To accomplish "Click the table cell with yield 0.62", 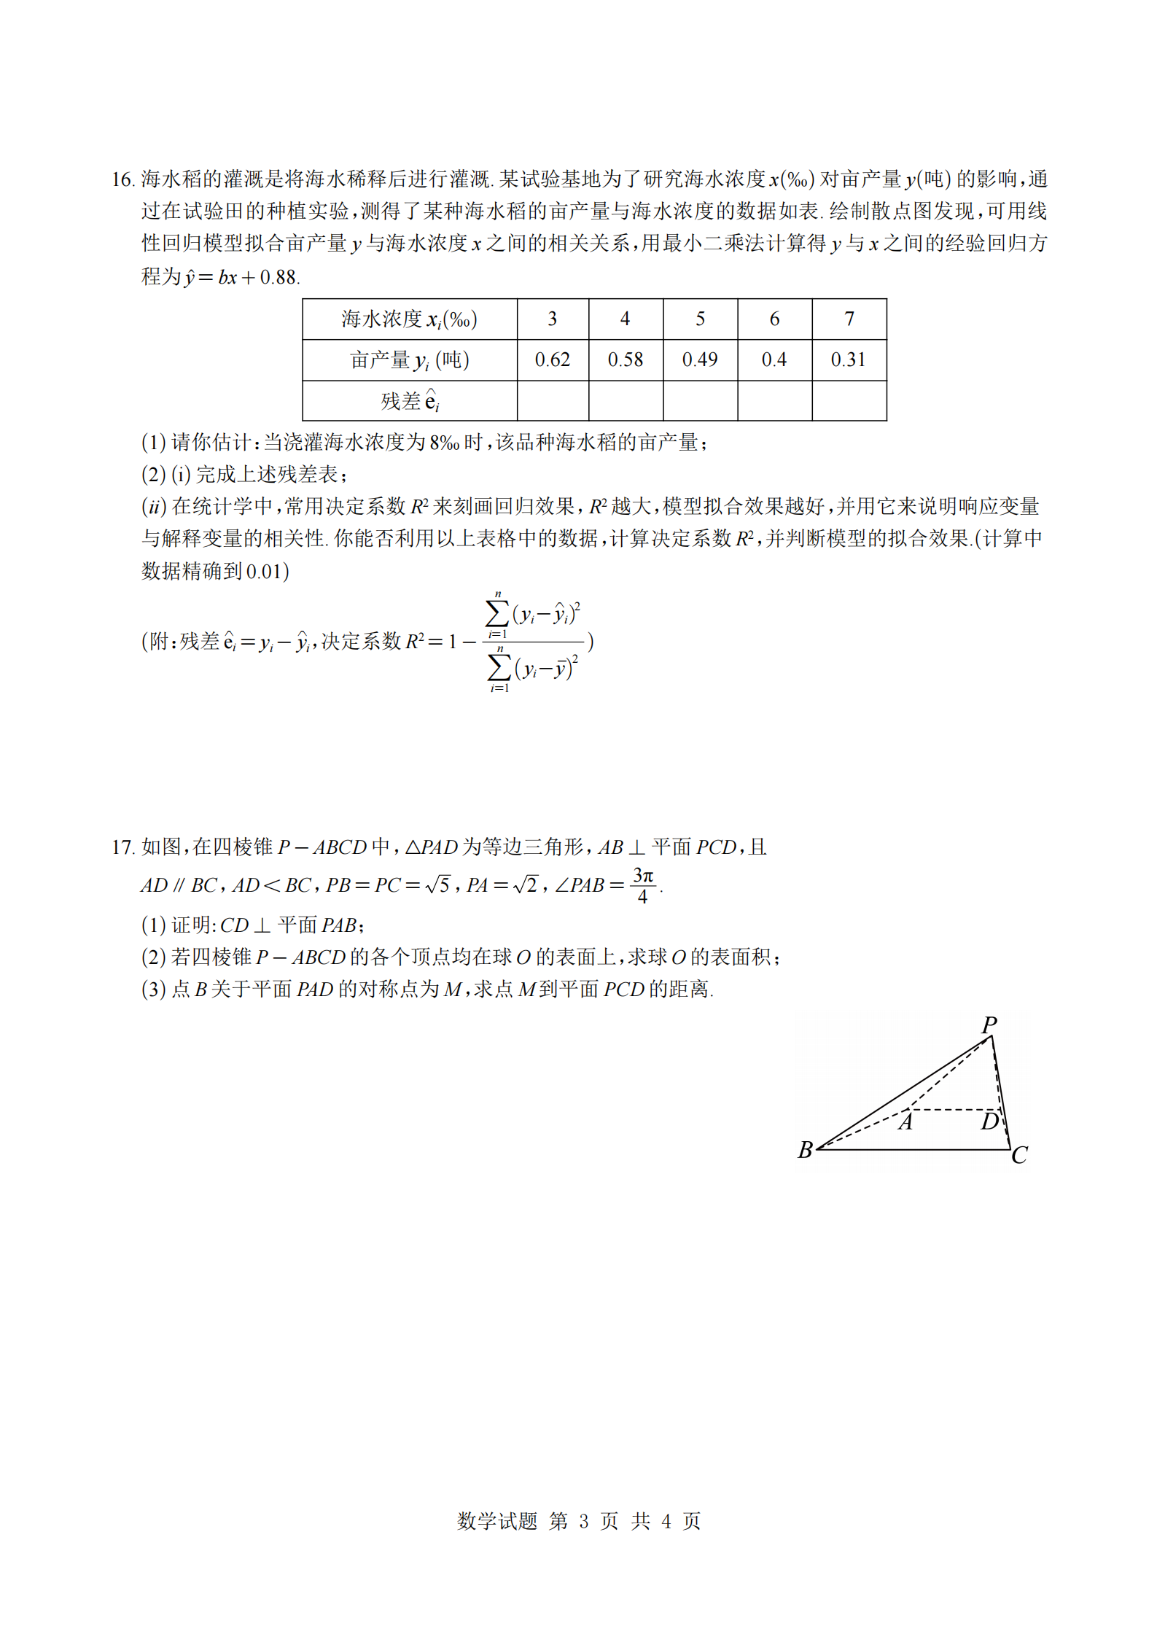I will pos(552,359).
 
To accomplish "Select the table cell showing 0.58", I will pos(625,359).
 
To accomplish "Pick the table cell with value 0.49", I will pos(699,359).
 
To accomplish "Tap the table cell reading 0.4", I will pos(774,359).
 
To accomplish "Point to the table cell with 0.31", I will pos(848,359).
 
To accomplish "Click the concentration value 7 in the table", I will pos(849,319).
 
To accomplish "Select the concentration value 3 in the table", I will pos(552,319).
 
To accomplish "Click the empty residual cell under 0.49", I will pos(699,400).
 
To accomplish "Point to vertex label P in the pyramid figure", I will pos(989,1025).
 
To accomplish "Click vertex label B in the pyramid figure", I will pos(805,1150).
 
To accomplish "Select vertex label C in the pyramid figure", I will pos(1019,1155).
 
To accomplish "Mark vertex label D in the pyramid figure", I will pos(989,1121).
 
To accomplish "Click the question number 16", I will pos(122,179).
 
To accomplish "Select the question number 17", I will pos(122,847).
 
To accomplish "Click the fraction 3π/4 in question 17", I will pos(642,885).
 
